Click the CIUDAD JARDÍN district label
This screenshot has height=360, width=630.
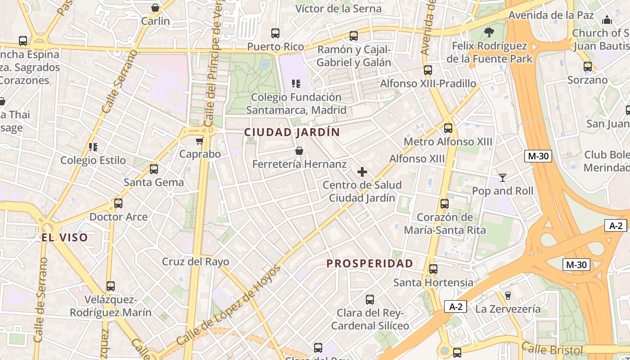292,132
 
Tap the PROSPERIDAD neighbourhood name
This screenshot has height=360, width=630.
369,264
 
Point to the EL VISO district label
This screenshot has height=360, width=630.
65,238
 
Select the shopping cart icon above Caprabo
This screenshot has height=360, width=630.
200,141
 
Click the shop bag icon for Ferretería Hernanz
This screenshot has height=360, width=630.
299,151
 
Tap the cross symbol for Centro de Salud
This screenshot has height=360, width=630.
362,172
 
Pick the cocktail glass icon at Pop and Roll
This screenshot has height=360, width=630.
503,178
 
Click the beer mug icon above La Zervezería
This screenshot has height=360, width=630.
508,296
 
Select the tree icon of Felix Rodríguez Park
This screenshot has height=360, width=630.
489,32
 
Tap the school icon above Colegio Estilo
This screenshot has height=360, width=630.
93,147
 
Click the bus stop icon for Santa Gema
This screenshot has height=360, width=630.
154,169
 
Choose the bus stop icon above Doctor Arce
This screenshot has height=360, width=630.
118,203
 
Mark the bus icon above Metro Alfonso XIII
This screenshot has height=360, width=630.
448,128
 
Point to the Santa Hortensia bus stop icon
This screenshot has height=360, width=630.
433,269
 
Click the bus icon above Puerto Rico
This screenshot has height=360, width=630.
275,33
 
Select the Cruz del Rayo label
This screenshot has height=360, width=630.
195,261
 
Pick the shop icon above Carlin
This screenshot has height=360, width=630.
155,8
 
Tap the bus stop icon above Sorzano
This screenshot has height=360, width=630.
587,67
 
